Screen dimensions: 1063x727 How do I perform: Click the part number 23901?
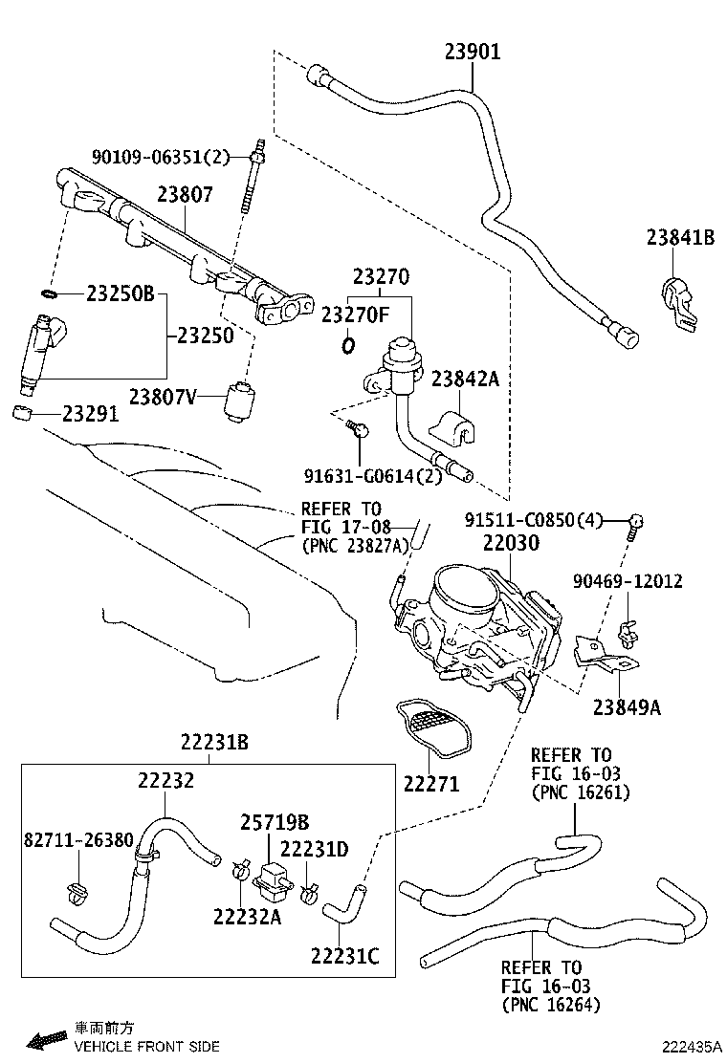pos(472,52)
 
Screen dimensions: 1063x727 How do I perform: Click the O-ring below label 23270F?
pos(348,344)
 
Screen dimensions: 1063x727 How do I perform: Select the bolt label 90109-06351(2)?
pos(162,157)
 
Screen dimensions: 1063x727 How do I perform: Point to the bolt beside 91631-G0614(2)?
pos(359,432)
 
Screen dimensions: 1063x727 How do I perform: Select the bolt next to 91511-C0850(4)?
pos(635,522)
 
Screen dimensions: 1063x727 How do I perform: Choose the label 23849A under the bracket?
pos(627,707)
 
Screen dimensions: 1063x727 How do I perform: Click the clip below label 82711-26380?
pos(77,892)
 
